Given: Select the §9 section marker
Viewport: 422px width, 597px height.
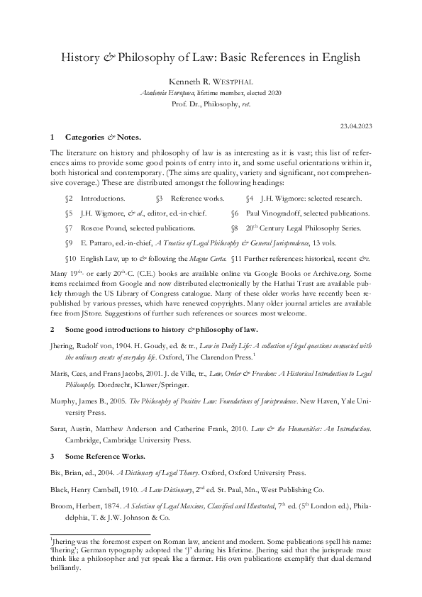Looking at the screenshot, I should click(69, 243).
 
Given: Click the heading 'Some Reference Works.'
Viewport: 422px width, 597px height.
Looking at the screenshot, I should click(105, 456).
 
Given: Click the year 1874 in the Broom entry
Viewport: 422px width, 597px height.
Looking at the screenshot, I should click(113, 507).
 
